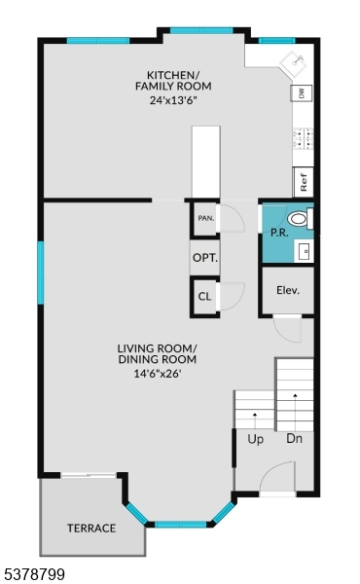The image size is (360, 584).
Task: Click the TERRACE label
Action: point(91,529)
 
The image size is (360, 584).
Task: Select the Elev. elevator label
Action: point(287,290)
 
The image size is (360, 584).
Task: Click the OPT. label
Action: point(204,259)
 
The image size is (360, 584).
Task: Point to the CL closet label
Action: point(204,297)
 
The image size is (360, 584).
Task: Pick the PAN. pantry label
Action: point(205,218)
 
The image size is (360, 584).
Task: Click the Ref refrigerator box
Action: point(304,181)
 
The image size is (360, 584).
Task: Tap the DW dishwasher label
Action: point(302,93)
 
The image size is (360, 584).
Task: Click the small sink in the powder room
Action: point(306,251)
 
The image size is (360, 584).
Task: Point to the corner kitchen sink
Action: point(295,63)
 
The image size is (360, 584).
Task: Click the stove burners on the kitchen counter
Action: point(303,137)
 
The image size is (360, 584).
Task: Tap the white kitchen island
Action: point(205,161)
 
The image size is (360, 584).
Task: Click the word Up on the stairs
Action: point(256,439)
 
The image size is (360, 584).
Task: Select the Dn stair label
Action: point(295,439)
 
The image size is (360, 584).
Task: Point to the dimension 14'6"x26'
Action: point(151,372)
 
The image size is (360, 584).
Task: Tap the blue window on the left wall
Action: point(41,273)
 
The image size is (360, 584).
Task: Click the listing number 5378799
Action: point(35,575)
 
